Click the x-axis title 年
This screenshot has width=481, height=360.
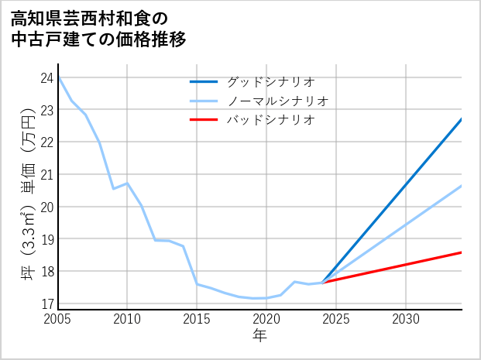point(259,335)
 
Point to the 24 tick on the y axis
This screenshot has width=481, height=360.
point(46,77)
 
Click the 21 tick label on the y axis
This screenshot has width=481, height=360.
point(46,174)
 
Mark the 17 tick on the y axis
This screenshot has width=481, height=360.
point(46,303)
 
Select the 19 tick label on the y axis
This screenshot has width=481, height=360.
point(46,239)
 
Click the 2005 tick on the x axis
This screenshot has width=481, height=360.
point(58,319)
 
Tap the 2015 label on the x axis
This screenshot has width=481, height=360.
point(197,319)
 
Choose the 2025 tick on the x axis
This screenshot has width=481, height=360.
point(336,319)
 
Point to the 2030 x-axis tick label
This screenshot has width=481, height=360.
point(406,319)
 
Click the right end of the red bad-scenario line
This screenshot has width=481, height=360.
point(462,252)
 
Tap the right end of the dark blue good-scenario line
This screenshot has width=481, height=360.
point(462,119)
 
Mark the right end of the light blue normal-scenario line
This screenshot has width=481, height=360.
point(462,186)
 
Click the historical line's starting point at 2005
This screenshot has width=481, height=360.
point(58,77)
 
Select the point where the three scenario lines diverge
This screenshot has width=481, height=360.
point(322,283)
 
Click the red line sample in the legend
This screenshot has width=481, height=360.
point(204,120)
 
